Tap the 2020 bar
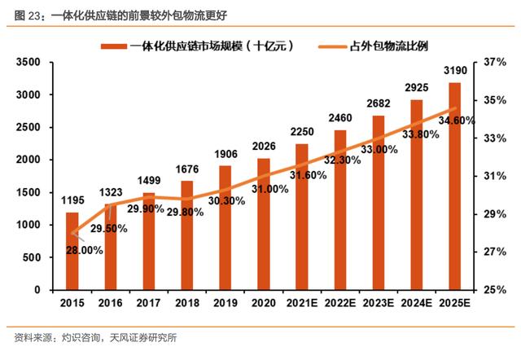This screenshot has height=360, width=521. click(x=263, y=224)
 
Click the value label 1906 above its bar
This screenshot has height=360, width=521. click(x=225, y=156)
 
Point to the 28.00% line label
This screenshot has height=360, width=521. click(x=85, y=251)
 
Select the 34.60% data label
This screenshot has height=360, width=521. click(x=457, y=121)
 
